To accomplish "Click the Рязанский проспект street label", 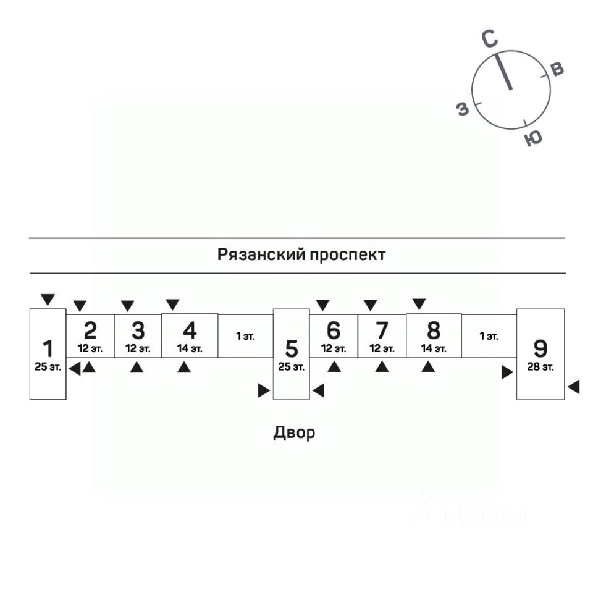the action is [x=301, y=254].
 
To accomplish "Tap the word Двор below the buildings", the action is [x=294, y=432].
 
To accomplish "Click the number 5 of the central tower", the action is [x=292, y=349].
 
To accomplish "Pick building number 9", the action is [x=540, y=348].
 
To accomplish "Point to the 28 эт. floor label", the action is [x=540, y=367].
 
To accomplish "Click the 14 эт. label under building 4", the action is [x=190, y=348].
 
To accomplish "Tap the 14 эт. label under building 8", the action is [x=434, y=348].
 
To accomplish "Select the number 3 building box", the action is [x=138, y=335].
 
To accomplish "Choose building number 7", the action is [x=382, y=335].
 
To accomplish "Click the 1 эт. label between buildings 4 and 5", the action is [x=245, y=337].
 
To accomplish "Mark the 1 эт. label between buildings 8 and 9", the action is [x=489, y=337].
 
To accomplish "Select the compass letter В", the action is [x=557, y=69].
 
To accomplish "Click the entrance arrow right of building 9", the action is [x=574, y=387].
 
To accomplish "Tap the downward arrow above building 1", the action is [x=48, y=300].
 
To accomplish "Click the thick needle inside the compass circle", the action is [x=504, y=72].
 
